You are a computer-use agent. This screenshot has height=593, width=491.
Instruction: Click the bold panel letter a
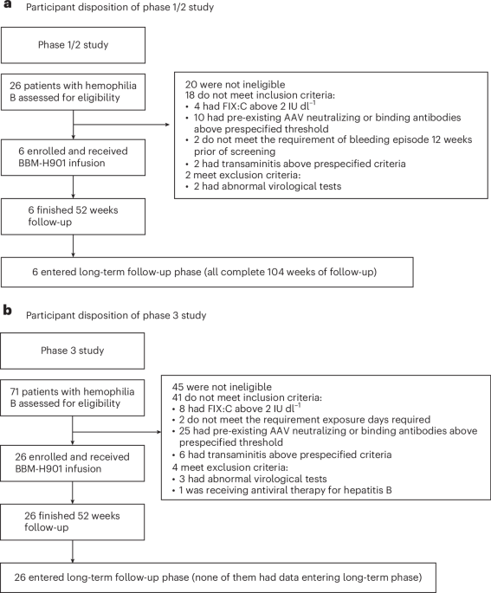[6, 9]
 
